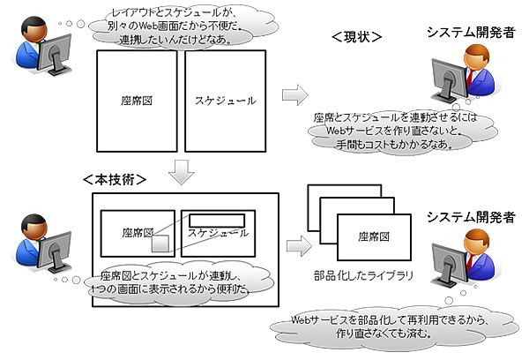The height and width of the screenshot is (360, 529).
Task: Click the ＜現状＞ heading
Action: click(356, 38)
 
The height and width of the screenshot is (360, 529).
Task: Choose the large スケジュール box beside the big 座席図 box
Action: click(226, 101)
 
